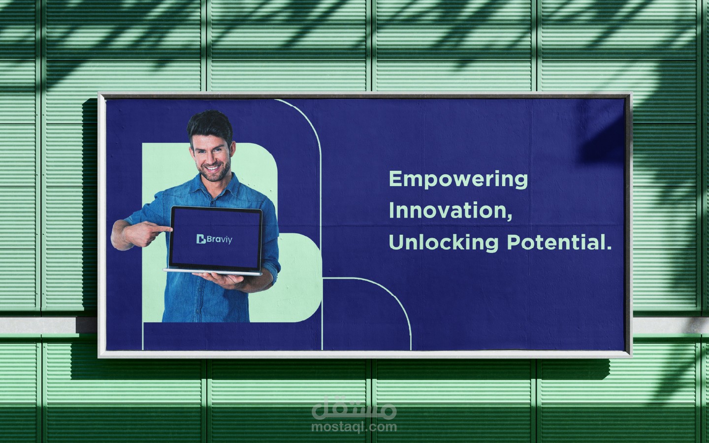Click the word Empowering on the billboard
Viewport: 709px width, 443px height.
point(458,180)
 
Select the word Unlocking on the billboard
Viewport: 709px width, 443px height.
point(444,243)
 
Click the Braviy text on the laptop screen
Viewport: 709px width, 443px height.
point(220,240)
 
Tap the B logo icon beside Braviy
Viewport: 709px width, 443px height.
point(201,239)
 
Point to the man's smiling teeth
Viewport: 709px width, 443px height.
point(213,168)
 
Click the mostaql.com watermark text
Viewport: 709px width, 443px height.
point(354,427)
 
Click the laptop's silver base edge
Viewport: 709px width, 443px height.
point(212,272)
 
